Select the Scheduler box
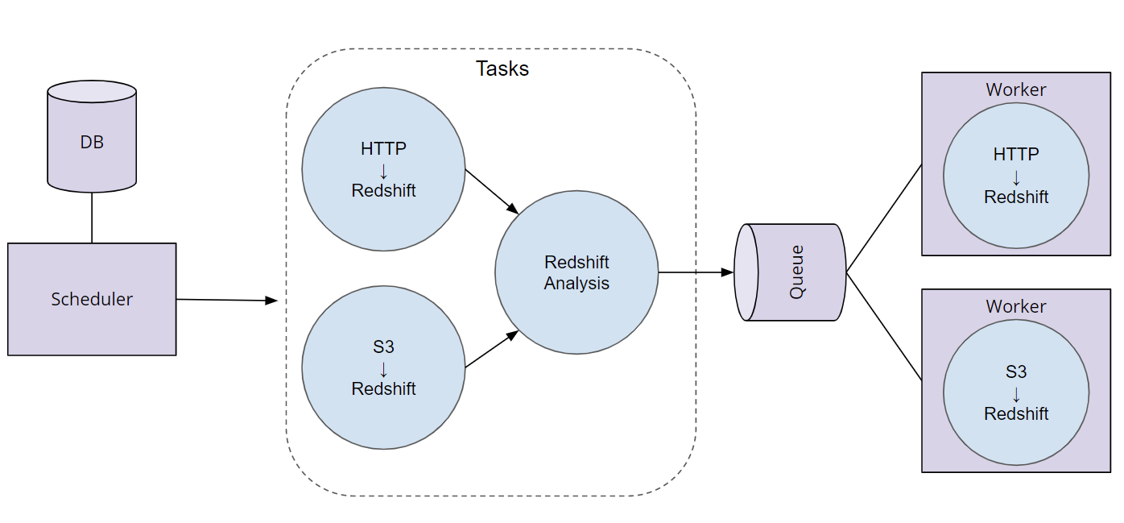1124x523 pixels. click(92, 299)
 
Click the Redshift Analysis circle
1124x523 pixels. click(576, 272)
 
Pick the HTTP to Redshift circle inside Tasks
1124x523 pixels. click(383, 169)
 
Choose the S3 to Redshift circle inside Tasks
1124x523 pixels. click(383, 367)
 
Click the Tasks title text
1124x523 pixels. click(502, 68)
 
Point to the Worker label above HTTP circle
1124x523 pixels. click(1016, 89)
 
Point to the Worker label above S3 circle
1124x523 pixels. click(1016, 306)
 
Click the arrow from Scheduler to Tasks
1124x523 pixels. click(226, 300)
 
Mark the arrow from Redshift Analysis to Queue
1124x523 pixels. click(696, 272)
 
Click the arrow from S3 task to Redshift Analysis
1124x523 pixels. click(491, 350)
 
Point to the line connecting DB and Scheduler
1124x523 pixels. click(92, 218)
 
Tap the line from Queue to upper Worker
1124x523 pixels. click(883, 218)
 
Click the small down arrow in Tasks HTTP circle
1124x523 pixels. click(383, 171)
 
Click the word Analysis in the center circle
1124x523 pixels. click(576, 284)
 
